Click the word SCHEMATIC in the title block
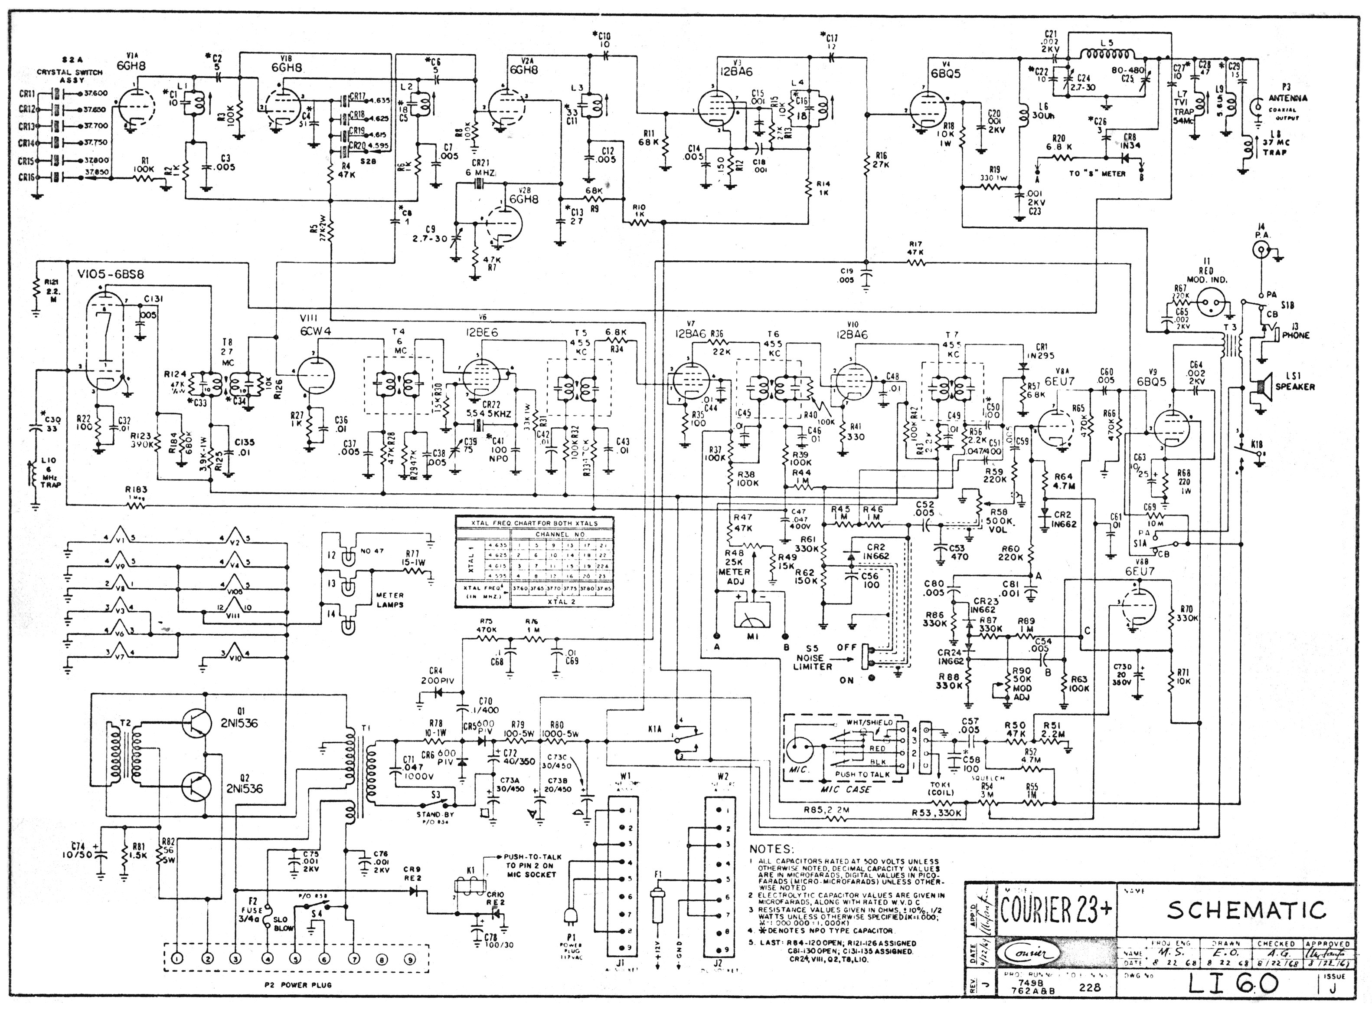[x=1247, y=910]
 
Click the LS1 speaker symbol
[x=1260, y=387]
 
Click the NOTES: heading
[x=772, y=849]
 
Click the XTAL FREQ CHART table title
[x=534, y=523]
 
